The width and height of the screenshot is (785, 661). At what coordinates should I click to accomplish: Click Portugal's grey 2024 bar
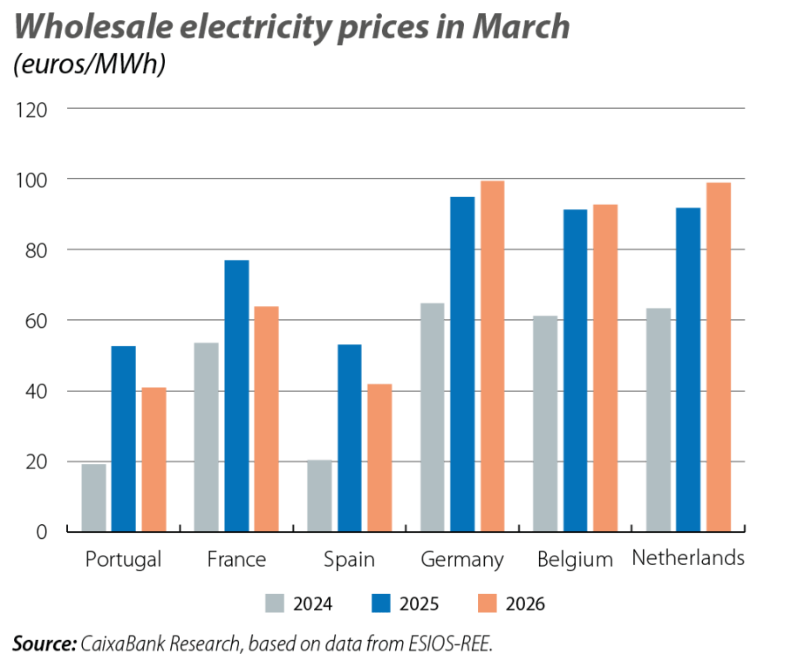click(x=93, y=497)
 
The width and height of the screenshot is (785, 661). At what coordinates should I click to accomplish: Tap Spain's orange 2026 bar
click(x=379, y=457)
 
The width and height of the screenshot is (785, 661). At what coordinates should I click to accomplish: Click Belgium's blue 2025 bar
click(x=575, y=370)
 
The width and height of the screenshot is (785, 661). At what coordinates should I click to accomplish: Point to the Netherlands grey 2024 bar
click(x=659, y=419)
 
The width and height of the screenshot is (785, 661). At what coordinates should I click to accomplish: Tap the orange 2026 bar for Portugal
click(x=154, y=459)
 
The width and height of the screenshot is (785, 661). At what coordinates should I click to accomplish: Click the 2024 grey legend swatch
click(x=275, y=603)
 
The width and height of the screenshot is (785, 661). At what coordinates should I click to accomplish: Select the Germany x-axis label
click(x=461, y=559)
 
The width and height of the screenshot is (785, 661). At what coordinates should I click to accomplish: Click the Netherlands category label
click(x=688, y=557)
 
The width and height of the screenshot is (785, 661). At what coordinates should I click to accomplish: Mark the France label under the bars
click(x=236, y=558)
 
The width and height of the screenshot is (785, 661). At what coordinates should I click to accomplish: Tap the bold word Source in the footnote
click(x=43, y=644)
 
